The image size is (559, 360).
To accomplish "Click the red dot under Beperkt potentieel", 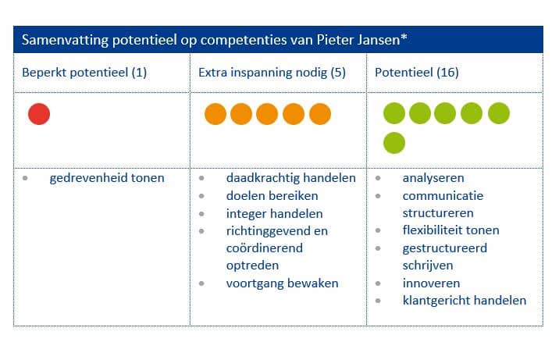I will click(39, 114).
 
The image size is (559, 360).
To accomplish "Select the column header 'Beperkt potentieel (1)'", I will click(84, 73).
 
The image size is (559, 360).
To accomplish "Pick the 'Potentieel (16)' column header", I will click(417, 73).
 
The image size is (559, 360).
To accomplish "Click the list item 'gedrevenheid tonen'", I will click(107, 178).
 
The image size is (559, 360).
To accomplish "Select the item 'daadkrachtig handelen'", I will click(290, 178).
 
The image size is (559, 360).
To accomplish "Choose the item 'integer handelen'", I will click(274, 213).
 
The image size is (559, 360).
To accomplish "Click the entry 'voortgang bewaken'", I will click(282, 283).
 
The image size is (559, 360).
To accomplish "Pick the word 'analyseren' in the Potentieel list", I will click(433, 178).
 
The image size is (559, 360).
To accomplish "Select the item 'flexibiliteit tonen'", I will click(450, 230).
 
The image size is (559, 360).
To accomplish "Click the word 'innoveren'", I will click(431, 283).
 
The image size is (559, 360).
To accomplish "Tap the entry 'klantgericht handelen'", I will click(464, 301).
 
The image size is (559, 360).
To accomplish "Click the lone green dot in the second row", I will click(394, 143).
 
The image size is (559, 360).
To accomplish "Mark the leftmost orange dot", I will click(215, 114).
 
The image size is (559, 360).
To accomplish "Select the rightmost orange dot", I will click(320, 114).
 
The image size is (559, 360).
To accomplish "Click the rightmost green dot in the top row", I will click(499, 114).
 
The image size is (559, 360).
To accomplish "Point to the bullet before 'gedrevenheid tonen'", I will click(26, 179).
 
